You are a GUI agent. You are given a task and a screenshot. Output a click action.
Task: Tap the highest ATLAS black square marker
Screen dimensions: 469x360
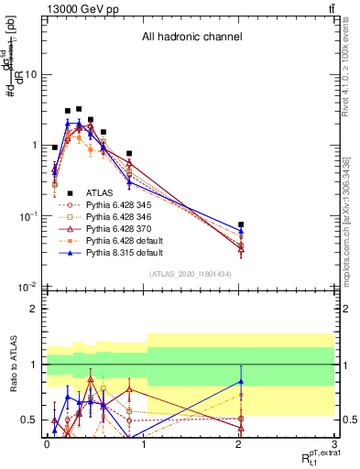click(x=79, y=109)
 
